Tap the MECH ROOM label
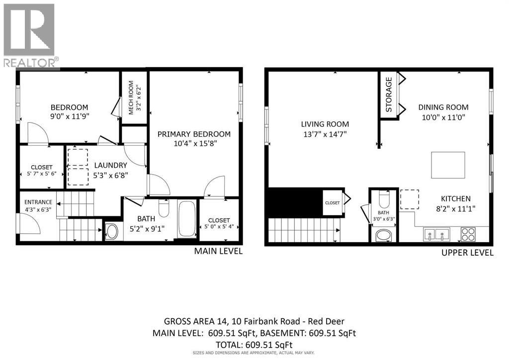[131, 98]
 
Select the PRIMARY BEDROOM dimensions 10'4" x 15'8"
[195, 143]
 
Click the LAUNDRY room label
[110, 165]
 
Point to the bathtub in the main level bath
[187, 219]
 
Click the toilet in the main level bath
[164, 208]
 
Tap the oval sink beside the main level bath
[112, 232]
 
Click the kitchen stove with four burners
[468, 234]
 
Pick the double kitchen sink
[436, 234]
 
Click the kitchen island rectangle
[448, 165]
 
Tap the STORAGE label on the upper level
[389, 95]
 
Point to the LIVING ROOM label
[325, 124]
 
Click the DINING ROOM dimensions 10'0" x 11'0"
[443, 117]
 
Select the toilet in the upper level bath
[384, 199]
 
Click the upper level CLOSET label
[333, 203]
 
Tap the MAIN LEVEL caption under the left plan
[218, 251]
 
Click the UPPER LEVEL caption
[467, 253]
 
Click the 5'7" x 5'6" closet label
[42, 174]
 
